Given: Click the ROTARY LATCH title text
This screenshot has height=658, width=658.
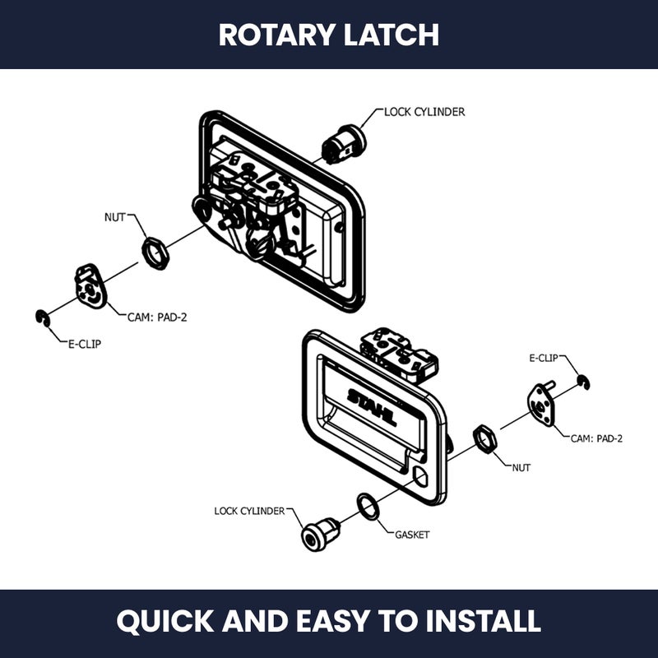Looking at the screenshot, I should coord(329,35).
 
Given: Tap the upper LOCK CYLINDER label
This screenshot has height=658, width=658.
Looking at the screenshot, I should coord(424,112).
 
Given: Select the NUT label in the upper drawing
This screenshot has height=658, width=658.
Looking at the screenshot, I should coord(115,218).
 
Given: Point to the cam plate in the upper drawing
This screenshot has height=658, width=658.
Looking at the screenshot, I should coord(90,285).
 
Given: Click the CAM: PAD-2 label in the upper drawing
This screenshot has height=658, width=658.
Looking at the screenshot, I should coord(157,316).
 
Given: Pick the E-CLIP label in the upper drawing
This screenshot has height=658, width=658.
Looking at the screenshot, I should coord(84,344).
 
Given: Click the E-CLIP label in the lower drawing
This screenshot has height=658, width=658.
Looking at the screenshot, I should coord(544,358).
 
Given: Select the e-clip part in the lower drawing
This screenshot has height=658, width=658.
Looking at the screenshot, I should coord(582,381).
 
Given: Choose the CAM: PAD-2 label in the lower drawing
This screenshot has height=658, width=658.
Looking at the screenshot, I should coord(596,438).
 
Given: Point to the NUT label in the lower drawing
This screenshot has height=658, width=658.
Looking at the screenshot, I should coord(521,467).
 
